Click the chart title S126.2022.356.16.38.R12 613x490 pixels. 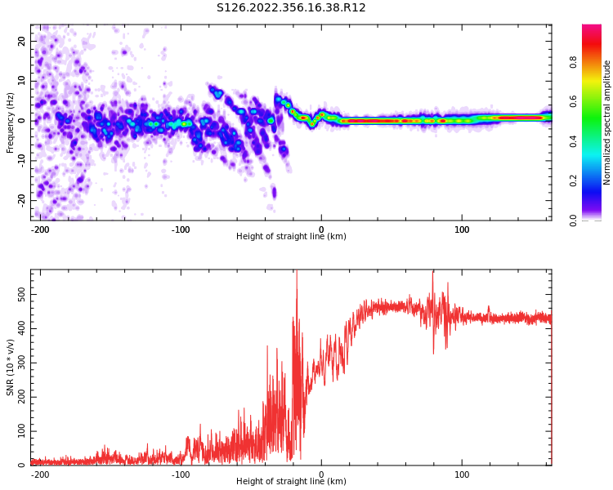tap(291, 8)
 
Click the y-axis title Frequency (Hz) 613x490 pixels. tap(11, 122)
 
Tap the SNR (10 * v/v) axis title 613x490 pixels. tap(11, 367)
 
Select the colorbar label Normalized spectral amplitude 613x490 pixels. tap(607, 122)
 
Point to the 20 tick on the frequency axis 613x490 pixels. tap(22, 41)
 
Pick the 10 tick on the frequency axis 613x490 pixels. tap(22, 81)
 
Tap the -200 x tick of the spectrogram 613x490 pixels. tap(40, 229)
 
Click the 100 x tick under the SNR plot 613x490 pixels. tap(462, 474)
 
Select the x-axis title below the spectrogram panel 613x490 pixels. tap(291, 237)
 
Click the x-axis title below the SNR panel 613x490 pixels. tap(291, 482)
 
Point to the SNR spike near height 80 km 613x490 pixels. tap(433, 274)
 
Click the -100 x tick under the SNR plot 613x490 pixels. tap(181, 474)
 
